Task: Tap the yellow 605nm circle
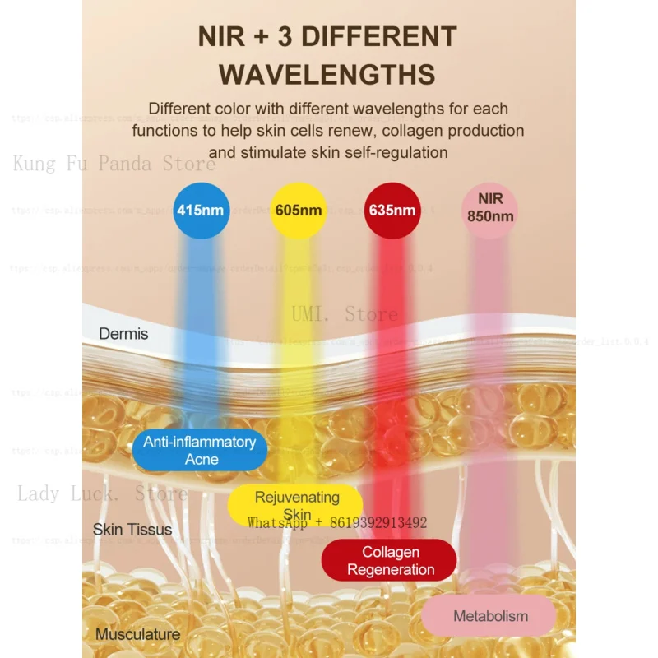tap(299, 211)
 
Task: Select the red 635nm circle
tap(392, 211)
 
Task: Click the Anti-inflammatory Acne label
tap(199, 451)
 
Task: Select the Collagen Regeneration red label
tap(390, 561)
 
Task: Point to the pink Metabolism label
tap(490, 616)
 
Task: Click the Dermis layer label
tap(123, 334)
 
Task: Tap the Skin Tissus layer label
tap(132, 529)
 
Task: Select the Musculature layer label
tap(137, 634)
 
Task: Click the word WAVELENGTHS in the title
tap(327, 74)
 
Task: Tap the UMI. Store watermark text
tap(344, 313)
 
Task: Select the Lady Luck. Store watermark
tap(102, 494)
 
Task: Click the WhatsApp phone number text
tap(337, 522)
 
